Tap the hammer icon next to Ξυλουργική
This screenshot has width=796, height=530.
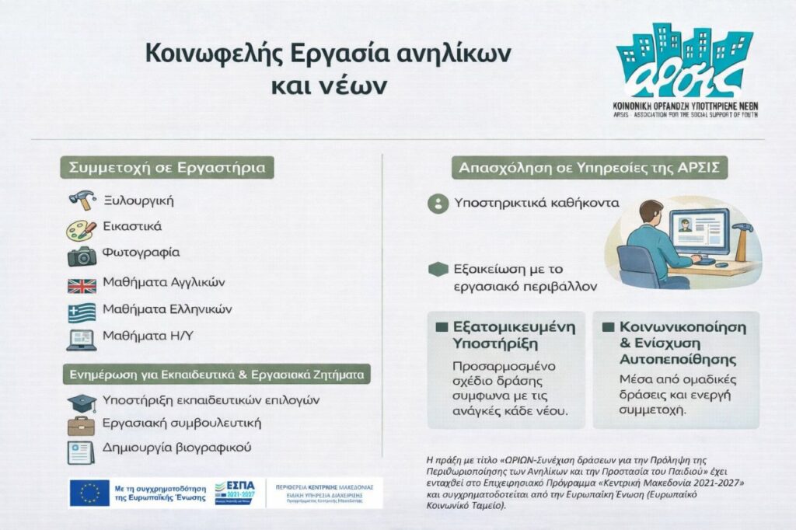coord(82,200)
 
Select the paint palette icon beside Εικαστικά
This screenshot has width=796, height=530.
coord(82,228)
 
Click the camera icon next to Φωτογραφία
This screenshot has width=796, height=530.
coord(82,255)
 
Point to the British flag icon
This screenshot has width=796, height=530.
coord(82,285)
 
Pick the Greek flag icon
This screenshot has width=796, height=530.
coord(82,312)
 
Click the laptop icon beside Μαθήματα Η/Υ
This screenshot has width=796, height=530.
coord(82,340)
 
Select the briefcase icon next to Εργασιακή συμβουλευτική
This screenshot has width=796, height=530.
coord(82,425)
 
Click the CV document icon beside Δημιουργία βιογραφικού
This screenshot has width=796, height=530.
coord(82,451)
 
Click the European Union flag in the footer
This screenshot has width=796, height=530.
coord(89,493)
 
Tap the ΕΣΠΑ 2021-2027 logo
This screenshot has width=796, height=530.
coord(234,492)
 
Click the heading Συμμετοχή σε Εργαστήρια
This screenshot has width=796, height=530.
coord(167,167)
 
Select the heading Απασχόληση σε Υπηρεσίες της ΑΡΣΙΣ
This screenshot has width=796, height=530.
coord(591,167)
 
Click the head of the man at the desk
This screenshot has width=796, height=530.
coord(650,212)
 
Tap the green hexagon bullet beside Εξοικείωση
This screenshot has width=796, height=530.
coord(439,270)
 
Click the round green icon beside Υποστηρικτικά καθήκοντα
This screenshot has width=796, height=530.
coord(439,204)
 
